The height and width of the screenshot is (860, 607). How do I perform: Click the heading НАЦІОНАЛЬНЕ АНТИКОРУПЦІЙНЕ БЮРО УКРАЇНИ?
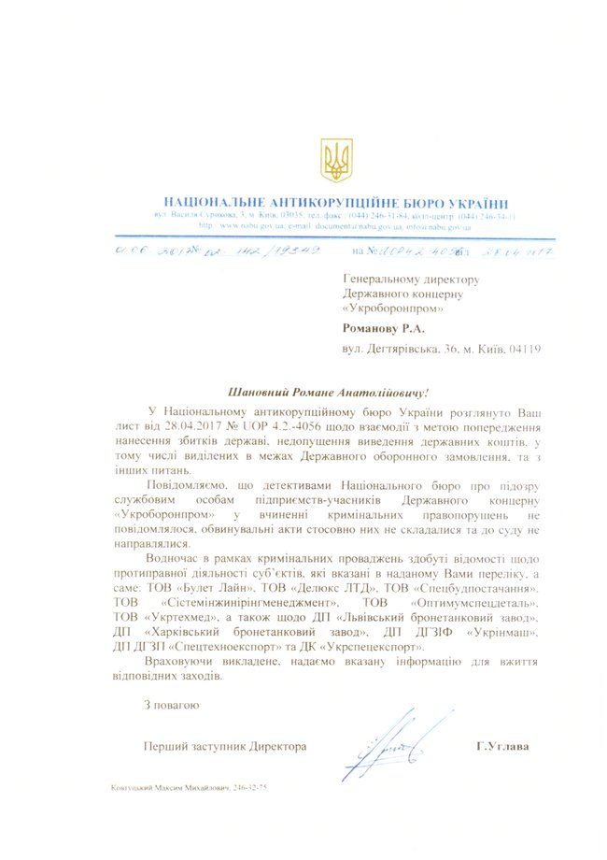tap(336, 203)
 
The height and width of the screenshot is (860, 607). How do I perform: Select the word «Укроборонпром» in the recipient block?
tap(393, 308)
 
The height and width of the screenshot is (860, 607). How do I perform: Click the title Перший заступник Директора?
tap(225, 746)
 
